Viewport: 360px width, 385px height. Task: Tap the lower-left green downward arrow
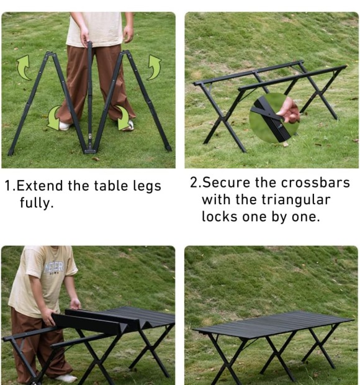point(53,118)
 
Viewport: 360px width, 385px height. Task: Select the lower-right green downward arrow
point(124,118)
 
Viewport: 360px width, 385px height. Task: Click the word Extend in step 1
point(40,186)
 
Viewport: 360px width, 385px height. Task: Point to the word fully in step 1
point(37,203)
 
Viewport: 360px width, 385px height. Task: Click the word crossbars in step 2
point(315,183)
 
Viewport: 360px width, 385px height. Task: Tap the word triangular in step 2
point(295,200)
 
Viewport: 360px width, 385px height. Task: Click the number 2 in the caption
point(194,183)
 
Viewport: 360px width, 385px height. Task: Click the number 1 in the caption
point(8,186)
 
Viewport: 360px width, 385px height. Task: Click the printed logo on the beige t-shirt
point(54,268)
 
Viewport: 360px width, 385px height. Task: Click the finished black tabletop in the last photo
point(273,324)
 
